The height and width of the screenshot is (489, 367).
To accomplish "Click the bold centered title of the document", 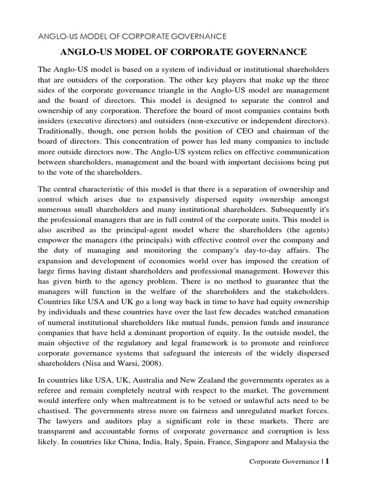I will (183, 52).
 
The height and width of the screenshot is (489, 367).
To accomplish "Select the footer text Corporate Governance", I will (285, 462).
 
